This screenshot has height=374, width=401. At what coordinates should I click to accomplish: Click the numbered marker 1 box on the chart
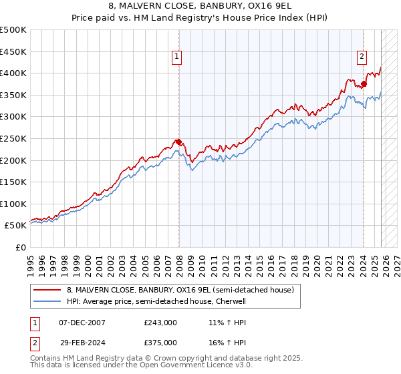click(x=177, y=57)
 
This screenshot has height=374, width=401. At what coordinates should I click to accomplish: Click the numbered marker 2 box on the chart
click(x=362, y=57)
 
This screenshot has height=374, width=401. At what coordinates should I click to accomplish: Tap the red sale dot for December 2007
click(x=179, y=142)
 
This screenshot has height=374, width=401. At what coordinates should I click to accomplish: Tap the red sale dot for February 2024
click(x=364, y=84)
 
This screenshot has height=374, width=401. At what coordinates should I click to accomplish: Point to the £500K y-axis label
click(x=13, y=30)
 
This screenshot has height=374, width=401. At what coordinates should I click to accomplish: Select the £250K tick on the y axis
click(x=13, y=138)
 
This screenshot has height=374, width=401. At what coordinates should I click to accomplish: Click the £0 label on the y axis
click(x=20, y=247)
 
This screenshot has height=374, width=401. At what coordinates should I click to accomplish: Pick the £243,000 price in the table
click(x=160, y=323)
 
